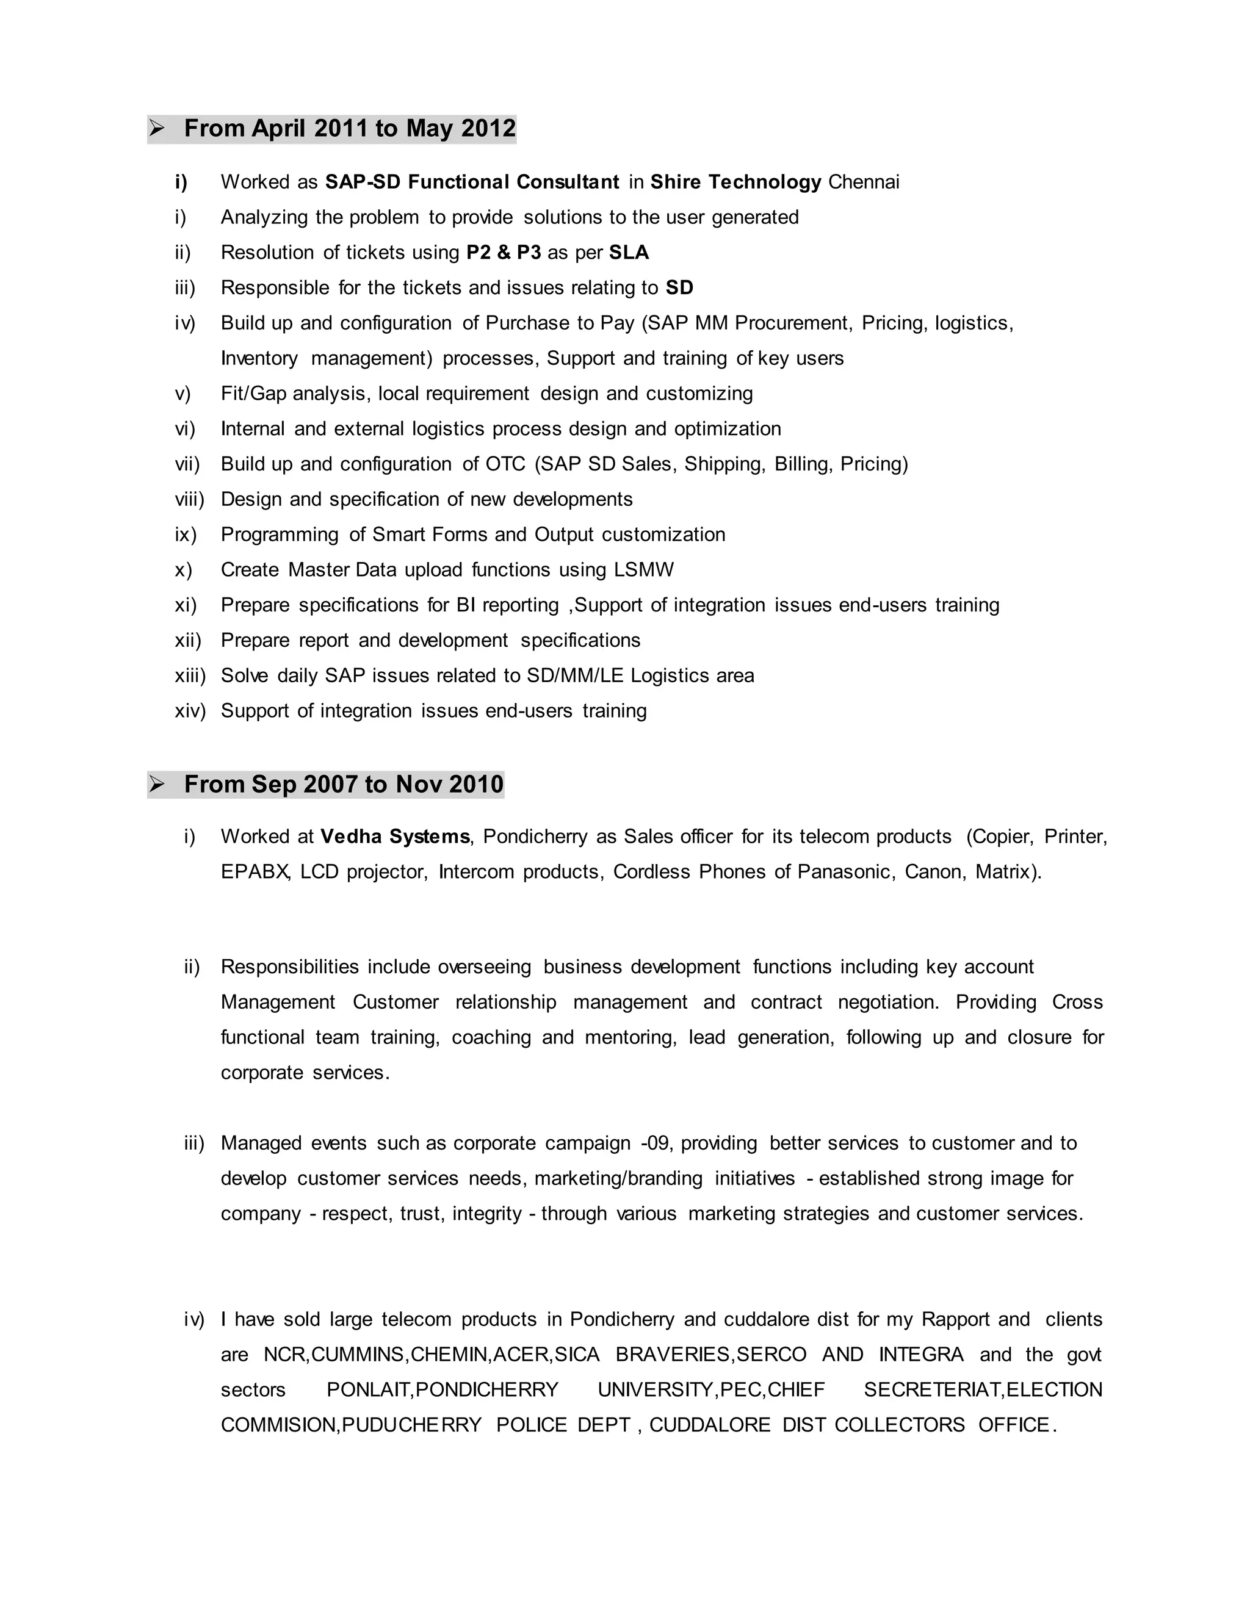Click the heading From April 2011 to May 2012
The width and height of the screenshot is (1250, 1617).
(x=350, y=129)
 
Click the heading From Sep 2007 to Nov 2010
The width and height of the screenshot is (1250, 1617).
(x=344, y=784)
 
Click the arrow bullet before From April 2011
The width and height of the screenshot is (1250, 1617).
(x=157, y=129)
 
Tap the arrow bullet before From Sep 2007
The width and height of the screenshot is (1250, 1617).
(x=157, y=784)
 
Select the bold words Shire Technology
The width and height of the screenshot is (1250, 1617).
(x=735, y=182)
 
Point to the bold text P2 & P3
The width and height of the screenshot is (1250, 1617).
(x=504, y=253)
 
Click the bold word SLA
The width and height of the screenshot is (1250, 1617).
(x=629, y=253)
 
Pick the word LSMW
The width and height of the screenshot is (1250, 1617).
(x=643, y=570)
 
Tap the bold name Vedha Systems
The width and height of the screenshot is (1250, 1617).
(x=395, y=837)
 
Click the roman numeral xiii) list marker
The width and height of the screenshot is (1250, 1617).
(x=190, y=676)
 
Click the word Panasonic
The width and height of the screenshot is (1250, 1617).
(x=844, y=872)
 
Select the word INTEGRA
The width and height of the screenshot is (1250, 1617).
(x=920, y=1355)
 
